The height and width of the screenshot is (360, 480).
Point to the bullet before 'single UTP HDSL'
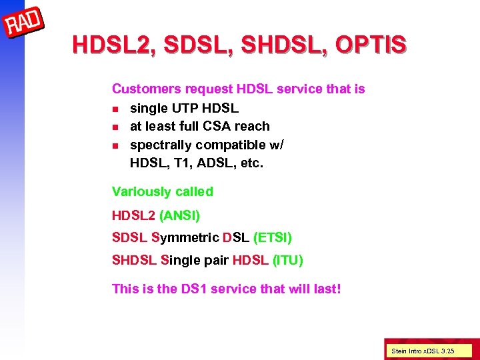(115, 108)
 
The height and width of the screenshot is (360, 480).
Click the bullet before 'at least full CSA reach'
(115, 127)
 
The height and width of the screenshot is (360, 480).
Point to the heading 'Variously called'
(163, 191)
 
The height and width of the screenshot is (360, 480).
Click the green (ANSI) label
(179, 215)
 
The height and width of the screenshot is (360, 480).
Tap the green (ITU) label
(288, 260)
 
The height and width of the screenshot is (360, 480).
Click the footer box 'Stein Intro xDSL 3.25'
(423, 350)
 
